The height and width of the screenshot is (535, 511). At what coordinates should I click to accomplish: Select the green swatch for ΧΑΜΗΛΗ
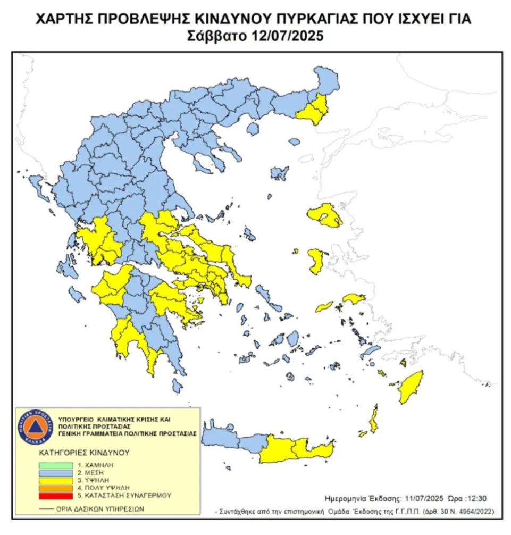(54, 465)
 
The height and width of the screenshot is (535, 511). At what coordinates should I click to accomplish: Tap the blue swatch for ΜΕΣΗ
(54, 472)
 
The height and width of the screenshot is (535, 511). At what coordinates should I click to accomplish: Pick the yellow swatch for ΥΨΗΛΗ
(54, 480)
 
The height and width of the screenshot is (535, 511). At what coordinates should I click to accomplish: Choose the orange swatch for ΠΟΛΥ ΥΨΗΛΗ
(54, 487)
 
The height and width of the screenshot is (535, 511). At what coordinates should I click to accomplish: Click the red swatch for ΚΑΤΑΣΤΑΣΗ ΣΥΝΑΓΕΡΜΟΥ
(54, 495)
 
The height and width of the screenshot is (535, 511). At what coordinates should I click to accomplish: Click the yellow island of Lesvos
(325, 215)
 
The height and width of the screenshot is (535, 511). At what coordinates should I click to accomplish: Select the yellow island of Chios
(316, 261)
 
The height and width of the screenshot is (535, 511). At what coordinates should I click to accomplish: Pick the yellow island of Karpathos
(374, 418)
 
